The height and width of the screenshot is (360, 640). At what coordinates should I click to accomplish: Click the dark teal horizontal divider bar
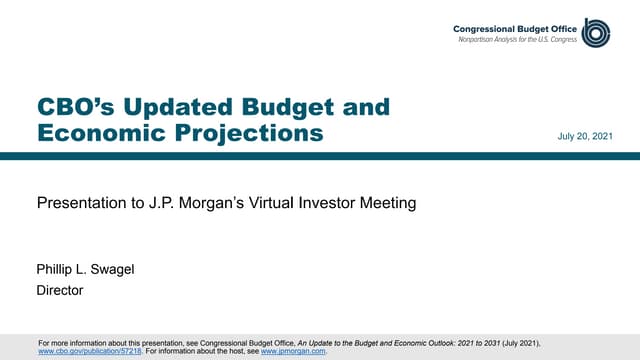[320, 156]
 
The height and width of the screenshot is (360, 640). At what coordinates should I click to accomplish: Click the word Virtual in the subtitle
[261, 204]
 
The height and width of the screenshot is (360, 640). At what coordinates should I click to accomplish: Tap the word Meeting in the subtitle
[386, 204]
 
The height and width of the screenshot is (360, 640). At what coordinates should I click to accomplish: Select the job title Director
[59, 291]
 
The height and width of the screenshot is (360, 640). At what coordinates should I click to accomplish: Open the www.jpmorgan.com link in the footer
[293, 352]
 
